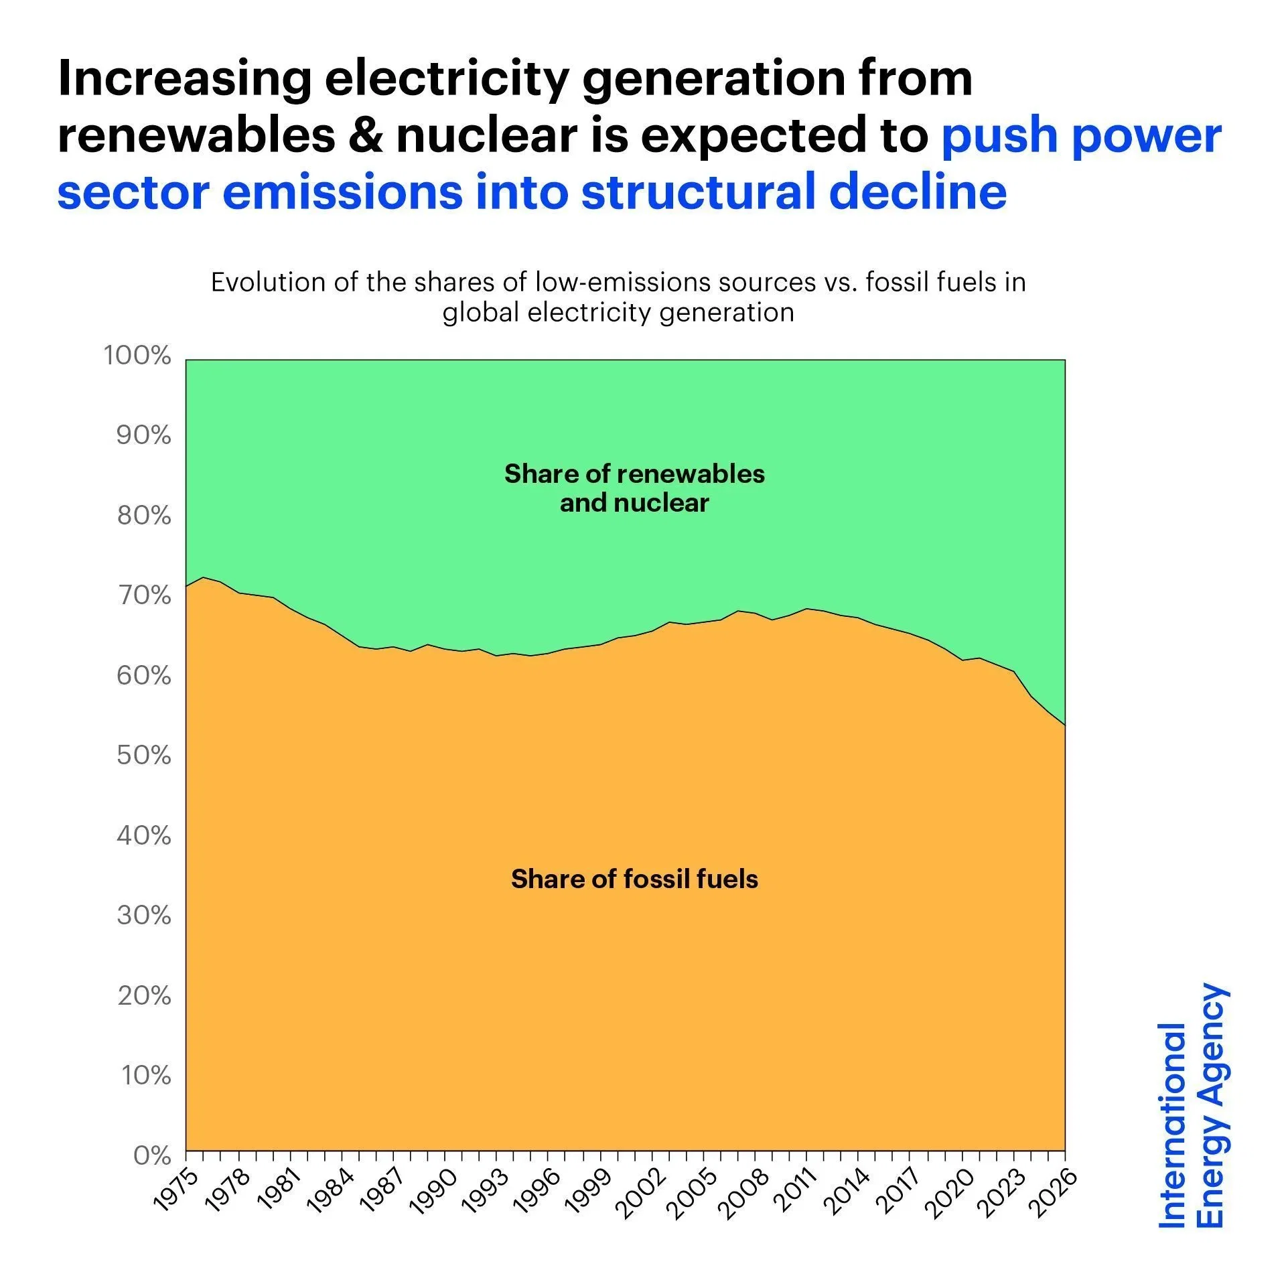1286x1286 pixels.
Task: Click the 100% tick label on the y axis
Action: [x=137, y=356]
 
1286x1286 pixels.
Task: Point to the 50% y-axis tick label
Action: [x=144, y=756]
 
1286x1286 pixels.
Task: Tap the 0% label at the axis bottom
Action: [x=153, y=1155]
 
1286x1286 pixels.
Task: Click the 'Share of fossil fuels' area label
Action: [x=634, y=879]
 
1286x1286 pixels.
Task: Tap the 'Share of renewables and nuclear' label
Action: [x=634, y=488]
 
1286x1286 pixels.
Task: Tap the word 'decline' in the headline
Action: [x=918, y=193]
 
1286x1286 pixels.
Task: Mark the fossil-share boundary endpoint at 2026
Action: [x=1064, y=725]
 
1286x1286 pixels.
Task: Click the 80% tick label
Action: [x=144, y=516]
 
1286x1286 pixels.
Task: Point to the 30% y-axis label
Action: [x=144, y=915]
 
